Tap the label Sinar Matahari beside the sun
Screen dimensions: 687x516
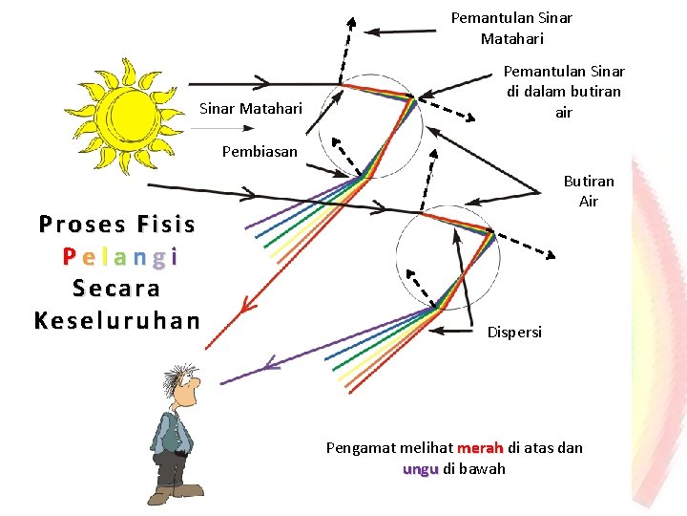[250, 109]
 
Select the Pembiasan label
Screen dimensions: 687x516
[260, 152]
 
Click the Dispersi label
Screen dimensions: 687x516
[514, 333]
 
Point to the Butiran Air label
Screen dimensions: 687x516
[589, 191]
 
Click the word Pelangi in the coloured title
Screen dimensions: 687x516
[120, 256]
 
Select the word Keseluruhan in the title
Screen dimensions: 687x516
[116, 319]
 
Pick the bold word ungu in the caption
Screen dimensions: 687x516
[421, 469]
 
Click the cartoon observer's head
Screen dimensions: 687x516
[182, 386]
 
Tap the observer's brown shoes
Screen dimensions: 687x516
[176, 493]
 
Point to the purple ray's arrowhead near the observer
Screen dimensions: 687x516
[270, 363]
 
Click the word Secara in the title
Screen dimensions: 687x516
[116, 288]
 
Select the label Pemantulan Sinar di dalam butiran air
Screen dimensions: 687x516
[563, 92]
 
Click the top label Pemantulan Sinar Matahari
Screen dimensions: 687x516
[511, 29]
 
